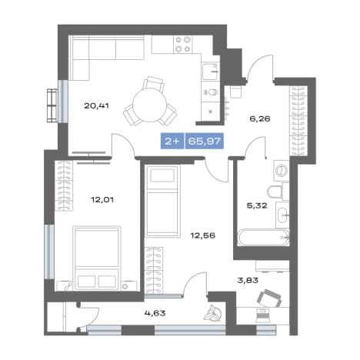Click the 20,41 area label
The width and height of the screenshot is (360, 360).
pyautogui.click(x=96, y=105)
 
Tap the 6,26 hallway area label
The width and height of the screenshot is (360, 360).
pyautogui.click(x=260, y=119)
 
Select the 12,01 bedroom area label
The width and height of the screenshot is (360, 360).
pyautogui.click(x=102, y=199)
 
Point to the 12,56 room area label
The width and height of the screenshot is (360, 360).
pyautogui.click(x=203, y=235)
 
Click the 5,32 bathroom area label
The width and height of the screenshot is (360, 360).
pyautogui.click(x=257, y=205)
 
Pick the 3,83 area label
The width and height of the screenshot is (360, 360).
pyautogui.click(x=248, y=280)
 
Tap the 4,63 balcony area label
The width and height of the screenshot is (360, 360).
pyautogui.click(x=155, y=313)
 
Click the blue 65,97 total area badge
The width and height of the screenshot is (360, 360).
pyautogui.click(x=205, y=141)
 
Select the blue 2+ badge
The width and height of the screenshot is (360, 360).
pyautogui.click(x=172, y=141)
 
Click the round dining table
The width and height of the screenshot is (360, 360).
pyautogui.click(x=150, y=105)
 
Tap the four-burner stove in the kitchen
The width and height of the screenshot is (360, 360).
pyautogui.click(x=183, y=45)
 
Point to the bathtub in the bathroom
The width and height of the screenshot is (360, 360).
pyautogui.click(x=263, y=238)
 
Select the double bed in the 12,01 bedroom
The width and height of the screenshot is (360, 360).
pyautogui.click(x=97, y=258)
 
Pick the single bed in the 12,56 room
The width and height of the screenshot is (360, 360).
pyautogui.click(x=162, y=201)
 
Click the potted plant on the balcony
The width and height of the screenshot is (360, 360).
pyautogui.click(x=212, y=313)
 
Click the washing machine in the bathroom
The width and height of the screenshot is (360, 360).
pyautogui.click(x=282, y=170)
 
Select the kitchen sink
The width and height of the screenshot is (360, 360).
pyautogui.click(x=210, y=72)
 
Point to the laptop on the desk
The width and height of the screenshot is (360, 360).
pyautogui.click(x=263, y=315)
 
